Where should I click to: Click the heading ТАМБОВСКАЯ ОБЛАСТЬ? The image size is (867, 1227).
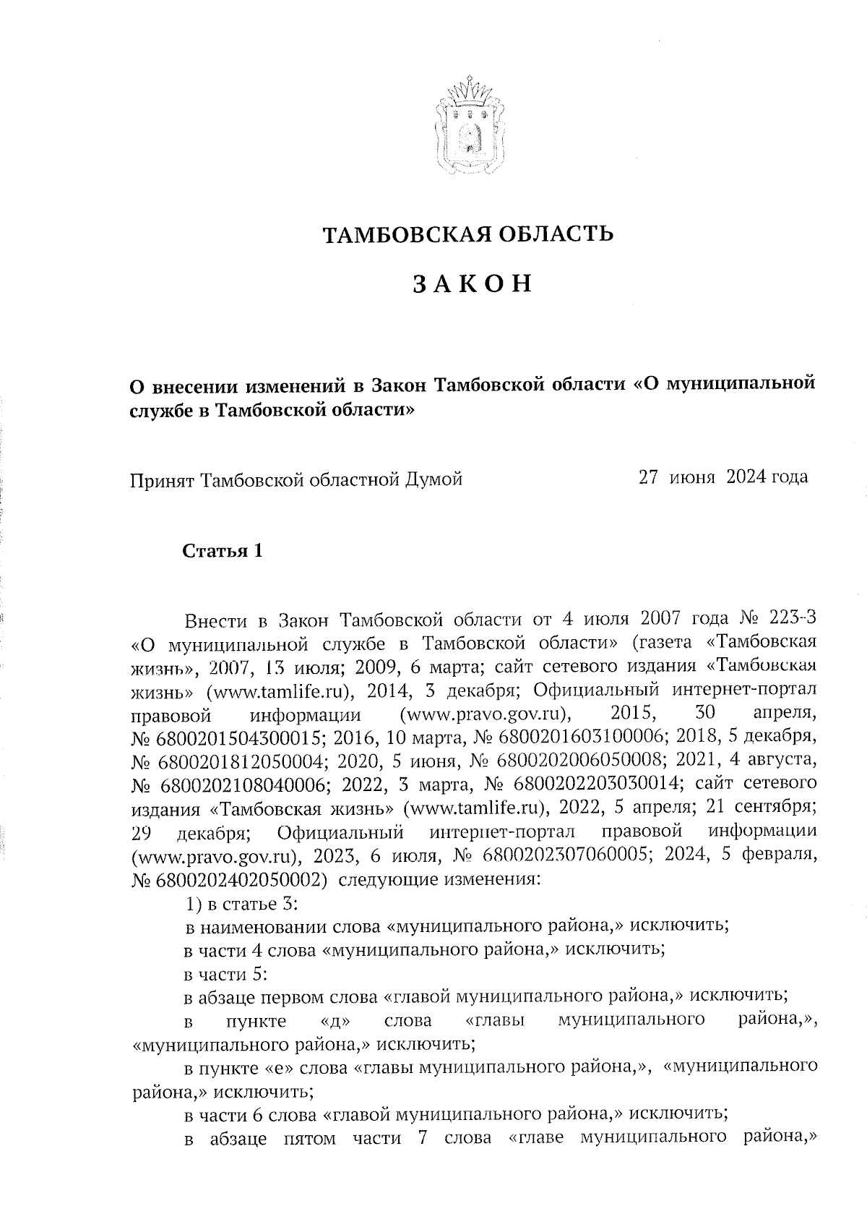pos(468,234)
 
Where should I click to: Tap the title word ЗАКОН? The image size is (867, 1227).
pos(473,284)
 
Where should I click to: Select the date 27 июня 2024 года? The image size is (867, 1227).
pos(722,477)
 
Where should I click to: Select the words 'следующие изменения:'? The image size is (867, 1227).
pos(439,880)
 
